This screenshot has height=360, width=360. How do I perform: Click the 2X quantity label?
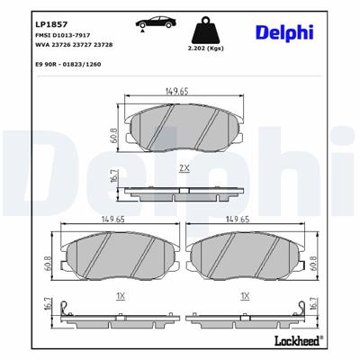pyautogui.click(x=184, y=167)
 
